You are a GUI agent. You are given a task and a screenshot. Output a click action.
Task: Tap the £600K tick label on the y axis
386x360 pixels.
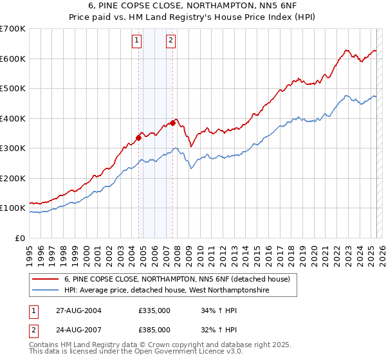pos(12,59)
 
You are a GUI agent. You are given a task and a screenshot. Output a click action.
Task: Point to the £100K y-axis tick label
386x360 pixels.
pos(12,208)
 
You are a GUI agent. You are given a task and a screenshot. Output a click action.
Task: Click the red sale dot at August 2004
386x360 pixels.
pos(138,137)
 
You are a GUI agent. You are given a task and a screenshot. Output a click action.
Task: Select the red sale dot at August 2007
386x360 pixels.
pos(172,122)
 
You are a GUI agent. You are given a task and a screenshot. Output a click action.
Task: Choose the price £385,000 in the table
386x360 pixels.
pos(154,330)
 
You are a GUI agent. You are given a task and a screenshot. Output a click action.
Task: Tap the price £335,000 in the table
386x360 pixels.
pos(154,310)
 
